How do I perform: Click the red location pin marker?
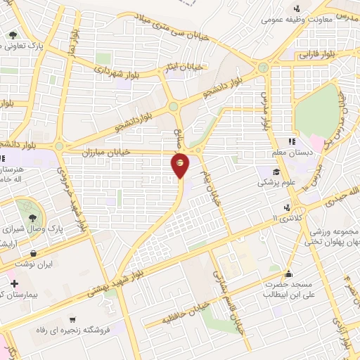(x=181, y=164)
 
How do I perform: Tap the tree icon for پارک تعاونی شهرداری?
(x=12, y=34)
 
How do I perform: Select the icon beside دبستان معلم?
(x=292, y=141)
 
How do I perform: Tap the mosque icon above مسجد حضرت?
(x=288, y=275)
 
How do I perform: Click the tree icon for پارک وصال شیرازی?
(x=32, y=218)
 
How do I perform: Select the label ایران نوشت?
(x=57, y=264)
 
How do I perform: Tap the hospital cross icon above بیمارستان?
(x=15, y=283)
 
